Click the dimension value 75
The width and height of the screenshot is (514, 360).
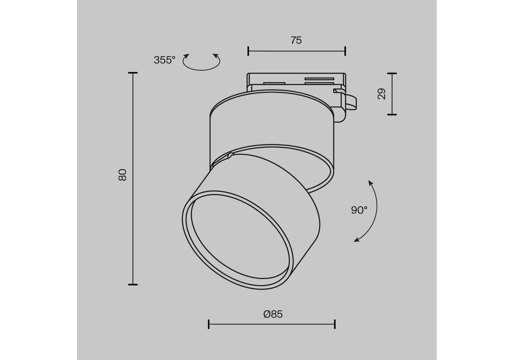(296, 40)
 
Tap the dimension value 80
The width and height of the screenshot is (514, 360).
(123, 175)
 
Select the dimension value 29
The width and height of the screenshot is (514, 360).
(382, 94)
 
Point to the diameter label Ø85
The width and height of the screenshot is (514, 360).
(273, 314)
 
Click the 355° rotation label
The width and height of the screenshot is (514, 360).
(164, 60)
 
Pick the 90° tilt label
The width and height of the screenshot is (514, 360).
(359, 210)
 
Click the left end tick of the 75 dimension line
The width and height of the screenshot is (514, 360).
(248, 51)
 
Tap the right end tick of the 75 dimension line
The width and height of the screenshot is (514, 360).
(345, 51)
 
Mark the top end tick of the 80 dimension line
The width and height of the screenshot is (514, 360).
(133, 73)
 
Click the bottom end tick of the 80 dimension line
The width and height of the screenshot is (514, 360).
(133, 285)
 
